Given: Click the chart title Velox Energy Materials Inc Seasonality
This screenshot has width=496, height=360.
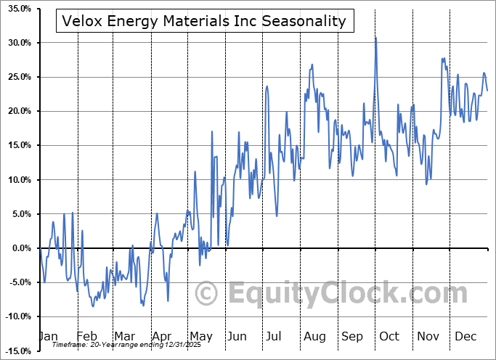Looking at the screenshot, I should point(204,21).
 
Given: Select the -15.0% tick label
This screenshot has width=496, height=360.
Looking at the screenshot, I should point(18,351).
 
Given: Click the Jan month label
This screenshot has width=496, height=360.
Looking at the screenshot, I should point(48,336).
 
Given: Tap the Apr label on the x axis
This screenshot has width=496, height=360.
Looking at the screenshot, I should point(161,336).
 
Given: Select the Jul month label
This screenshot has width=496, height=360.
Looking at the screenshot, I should point(275,336).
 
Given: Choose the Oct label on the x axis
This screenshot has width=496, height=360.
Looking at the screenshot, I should point(389,336).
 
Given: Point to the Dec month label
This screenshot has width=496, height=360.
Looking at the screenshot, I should point(465,336).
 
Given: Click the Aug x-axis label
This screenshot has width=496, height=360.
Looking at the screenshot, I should point(314,336).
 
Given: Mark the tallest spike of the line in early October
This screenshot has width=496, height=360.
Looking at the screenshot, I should point(375,38).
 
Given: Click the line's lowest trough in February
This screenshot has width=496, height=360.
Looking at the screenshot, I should point(92,306).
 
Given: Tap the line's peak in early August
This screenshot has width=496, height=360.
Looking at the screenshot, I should point(312,64).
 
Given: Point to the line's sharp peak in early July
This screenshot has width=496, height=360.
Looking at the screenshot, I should point(267,86).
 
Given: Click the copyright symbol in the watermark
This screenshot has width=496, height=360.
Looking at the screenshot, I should point(207,293).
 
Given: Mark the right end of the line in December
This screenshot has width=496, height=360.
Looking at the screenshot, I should point(487,90).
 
